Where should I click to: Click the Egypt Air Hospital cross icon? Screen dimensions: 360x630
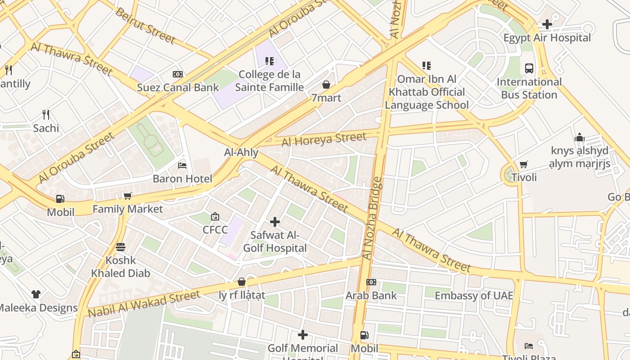coord(547,24)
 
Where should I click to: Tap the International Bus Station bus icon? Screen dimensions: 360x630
coord(529,68)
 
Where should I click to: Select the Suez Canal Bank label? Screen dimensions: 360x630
coord(178,87)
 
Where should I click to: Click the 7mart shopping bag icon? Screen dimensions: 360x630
coord(326,85)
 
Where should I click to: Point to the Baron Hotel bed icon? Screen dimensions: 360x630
coord(182,166)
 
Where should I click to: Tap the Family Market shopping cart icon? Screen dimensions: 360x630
coord(127,196)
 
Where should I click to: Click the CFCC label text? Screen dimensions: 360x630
coord(215,230)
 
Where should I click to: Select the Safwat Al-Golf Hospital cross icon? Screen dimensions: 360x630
coord(274,222)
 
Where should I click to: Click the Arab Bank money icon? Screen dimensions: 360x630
coord(371,282)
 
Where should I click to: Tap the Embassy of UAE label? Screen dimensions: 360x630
coord(474,296)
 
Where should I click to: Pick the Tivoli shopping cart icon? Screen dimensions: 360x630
coord(523,164)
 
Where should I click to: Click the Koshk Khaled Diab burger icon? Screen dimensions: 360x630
coord(120,247)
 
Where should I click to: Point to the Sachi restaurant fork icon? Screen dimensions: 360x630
coord(45,115)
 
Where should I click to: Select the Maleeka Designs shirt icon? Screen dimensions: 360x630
coord(36,294)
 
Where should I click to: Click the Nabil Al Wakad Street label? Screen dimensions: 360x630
coord(144,304)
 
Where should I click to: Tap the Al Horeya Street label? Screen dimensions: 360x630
coord(324,139)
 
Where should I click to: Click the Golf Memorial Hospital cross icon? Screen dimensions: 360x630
coord(303,335)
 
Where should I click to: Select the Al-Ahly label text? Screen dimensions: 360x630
coord(241,152)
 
